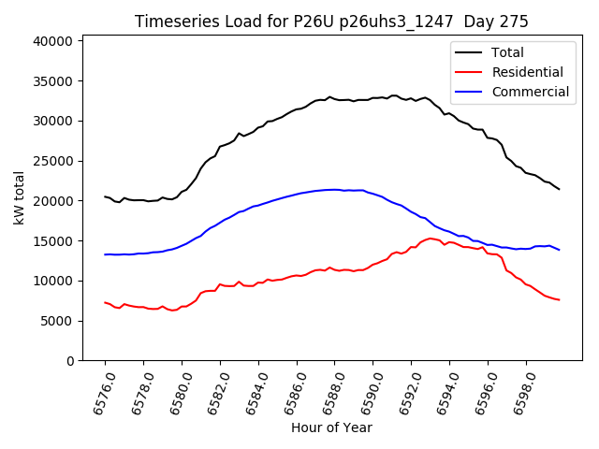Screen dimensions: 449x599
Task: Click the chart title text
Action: click(x=331, y=22)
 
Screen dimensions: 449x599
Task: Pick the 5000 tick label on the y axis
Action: click(x=58, y=321)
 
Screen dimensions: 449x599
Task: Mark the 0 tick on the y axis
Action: click(x=70, y=361)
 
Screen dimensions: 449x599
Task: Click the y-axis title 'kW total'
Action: click(x=19, y=198)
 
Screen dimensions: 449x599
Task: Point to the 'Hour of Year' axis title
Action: click(x=331, y=428)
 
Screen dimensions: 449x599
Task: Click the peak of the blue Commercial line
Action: click(x=333, y=189)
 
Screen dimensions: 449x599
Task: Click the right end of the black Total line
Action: click(x=560, y=190)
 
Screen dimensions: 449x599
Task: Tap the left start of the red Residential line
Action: click(x=105, y=302)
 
